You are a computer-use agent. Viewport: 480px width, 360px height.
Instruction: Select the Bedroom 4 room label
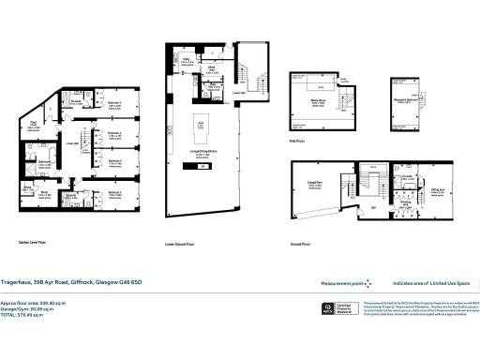tap(114, 132)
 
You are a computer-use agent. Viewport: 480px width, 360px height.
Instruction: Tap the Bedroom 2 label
tap(114, 161)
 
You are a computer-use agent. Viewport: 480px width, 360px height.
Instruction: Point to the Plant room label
tap(33, 122)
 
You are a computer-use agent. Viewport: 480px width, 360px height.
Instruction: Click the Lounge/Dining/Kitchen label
tap(200, 154)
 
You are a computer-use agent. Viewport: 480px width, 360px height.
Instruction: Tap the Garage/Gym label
tap(309, 185)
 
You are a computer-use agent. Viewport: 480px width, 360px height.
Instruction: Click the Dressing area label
tap(408, 202)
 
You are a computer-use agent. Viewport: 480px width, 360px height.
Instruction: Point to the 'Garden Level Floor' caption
tap(36, 241)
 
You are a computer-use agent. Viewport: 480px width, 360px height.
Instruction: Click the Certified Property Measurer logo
tap(342, 308)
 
